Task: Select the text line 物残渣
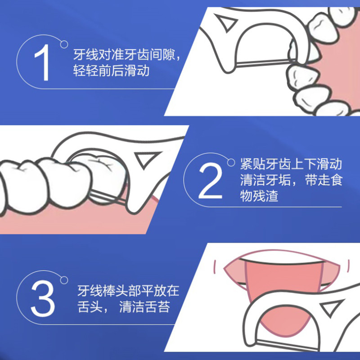259,197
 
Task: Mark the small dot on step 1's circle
64,44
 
